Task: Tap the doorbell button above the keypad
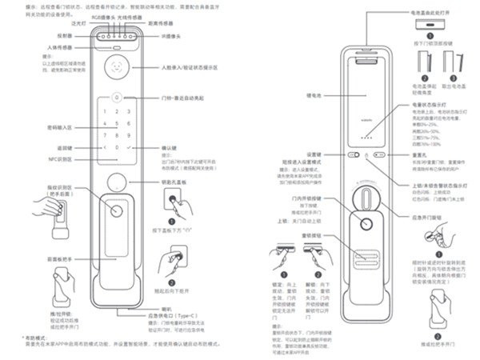tap(117, 98)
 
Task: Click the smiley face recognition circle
tap(118, 67)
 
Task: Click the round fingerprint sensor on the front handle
tap(118, 213)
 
